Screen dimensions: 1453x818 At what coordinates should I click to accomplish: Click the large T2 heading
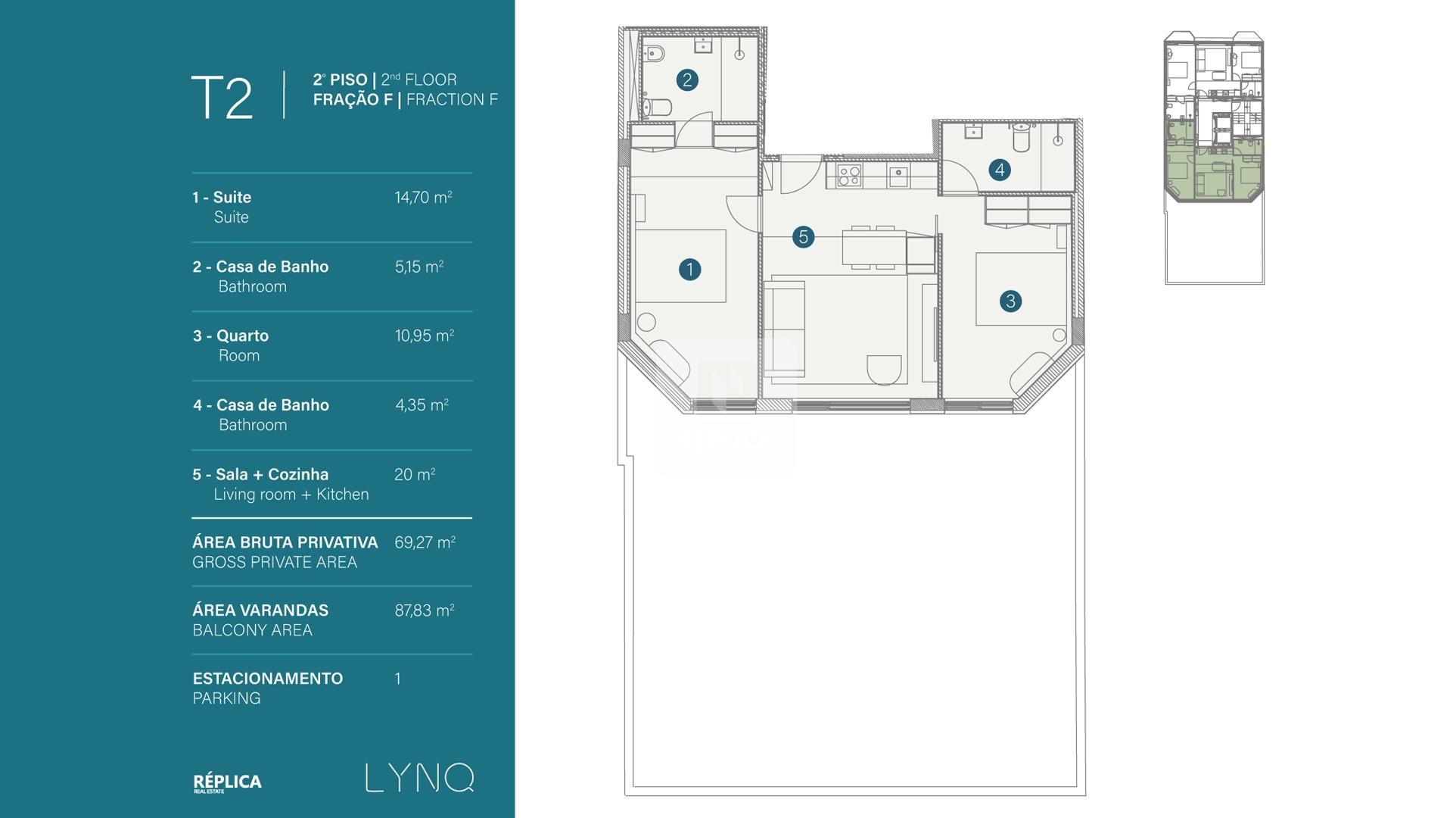pyautogui.click(x=222, y=98)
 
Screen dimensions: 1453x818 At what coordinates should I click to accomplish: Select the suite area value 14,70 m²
pyautogui.click(x=423, y=198)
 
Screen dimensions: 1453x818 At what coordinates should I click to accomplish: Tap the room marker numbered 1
pyautogui.click(x=689, y=269)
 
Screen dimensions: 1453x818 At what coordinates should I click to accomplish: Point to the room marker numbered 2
pyautogui.click(x=687, y=80)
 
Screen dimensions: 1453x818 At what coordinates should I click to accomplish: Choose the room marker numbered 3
pyautogui.click(x=1010, y=301)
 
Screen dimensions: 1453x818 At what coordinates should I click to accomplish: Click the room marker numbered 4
pyautogui.click(x=1000, y=170)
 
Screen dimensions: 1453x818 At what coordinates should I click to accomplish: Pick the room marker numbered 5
pyautogui.click(x=804, y=237)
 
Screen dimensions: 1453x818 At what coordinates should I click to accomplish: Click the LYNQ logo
pyautogui.click(x=420, y=778)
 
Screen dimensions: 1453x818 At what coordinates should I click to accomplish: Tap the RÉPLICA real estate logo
pyautogui.click(x=227, y=782)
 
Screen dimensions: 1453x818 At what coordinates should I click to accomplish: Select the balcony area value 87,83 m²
pyautogui.click(x=425, y=610)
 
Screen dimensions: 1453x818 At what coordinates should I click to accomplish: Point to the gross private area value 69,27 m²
pyautogui.click(x=425, y=542)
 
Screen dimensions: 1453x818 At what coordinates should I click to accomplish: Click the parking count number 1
pyautogui.click(x=398, y=679)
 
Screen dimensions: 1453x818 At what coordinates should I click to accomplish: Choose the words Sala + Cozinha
pyautogui.click(x=272, y=474)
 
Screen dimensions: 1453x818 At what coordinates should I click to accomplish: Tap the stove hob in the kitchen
pyautogui.click(x=850, y=176)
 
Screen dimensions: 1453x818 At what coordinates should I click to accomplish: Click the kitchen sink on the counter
pyautogui.click(x=898, y=176)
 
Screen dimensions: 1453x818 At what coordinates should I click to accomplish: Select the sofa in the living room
pyautogui.click(x=784, y=329)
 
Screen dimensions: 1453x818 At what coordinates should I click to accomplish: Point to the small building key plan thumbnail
pyautogui.click(x=1215, y=158)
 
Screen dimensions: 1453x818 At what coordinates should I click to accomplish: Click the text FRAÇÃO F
pyautogui.click(x=353, y=99)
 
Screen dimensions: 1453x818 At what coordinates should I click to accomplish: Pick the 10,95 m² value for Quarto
pyautogui.click(x=424, y=336)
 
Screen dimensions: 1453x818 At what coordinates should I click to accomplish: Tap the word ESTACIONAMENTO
pyautogui.click(x=268, y=679)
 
